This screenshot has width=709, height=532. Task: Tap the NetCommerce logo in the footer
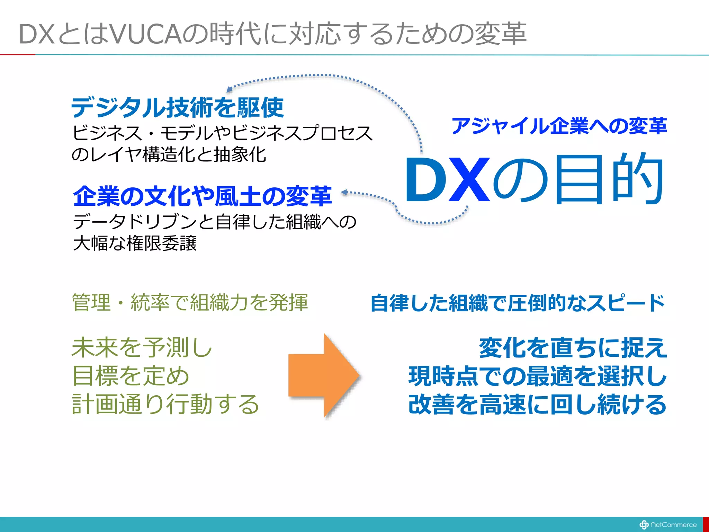coord(668,524)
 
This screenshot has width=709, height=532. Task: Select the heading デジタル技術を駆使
coord(178,108)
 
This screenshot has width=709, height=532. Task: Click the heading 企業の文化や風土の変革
coord(203,196)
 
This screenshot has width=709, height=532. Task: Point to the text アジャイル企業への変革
coord(559,126)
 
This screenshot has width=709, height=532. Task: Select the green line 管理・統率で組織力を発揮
coord(190,302)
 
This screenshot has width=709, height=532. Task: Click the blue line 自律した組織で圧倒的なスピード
coord(518,303)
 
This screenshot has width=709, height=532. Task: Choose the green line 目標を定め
coord(131,376)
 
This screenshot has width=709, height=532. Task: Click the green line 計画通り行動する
coord(165,404)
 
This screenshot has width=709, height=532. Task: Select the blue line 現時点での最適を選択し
coord(537,376)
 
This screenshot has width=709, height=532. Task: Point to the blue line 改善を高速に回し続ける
coord(537,404)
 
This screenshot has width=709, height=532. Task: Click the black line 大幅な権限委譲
coord(135,243)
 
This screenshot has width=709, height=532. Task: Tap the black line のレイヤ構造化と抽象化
coord(169,154)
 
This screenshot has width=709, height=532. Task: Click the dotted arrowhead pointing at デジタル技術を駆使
coord(229,89)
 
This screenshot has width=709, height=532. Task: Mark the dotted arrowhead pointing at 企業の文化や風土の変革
coord(344,192)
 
